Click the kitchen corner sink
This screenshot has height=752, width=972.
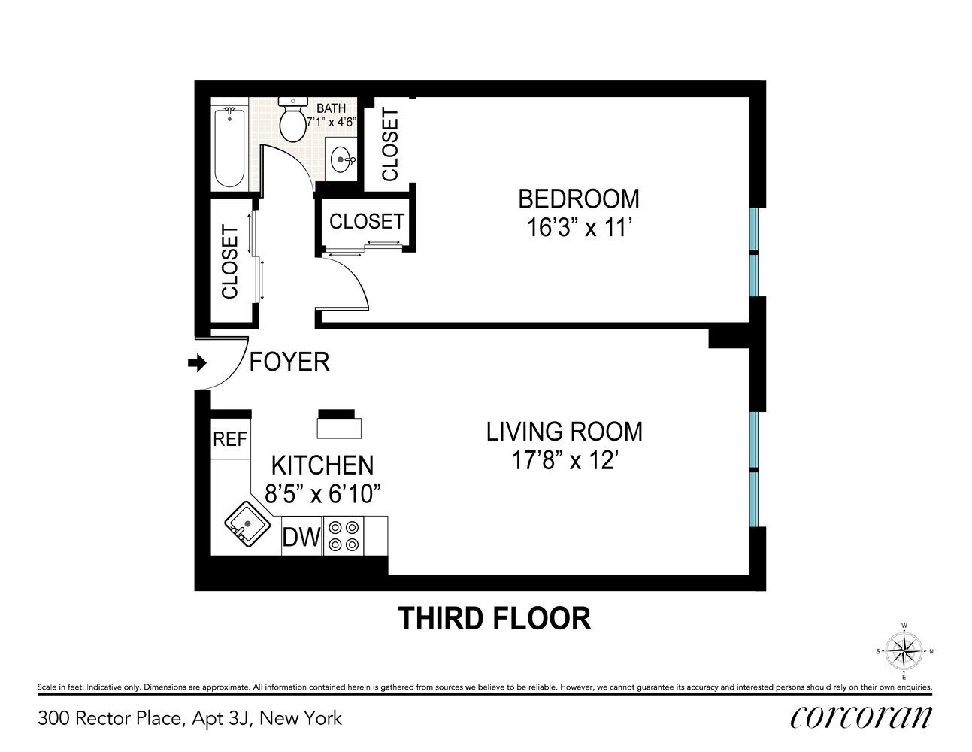click(247, 525)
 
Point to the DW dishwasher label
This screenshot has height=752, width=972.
click(301, 537)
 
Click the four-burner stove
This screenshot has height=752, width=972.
click(344, 535)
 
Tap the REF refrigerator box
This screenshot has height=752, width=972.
click(230, 438)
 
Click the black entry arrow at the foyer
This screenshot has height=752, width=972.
click(197, 364)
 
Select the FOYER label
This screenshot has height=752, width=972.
click(289, 362)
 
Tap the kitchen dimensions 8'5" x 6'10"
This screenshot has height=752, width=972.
click(322, 494)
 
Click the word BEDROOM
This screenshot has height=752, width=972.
click(579, 199)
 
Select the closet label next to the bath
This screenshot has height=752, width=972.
click(390, 145)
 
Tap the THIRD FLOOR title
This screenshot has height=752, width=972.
click(494, 618)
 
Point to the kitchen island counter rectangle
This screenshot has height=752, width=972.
click(339, 428)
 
